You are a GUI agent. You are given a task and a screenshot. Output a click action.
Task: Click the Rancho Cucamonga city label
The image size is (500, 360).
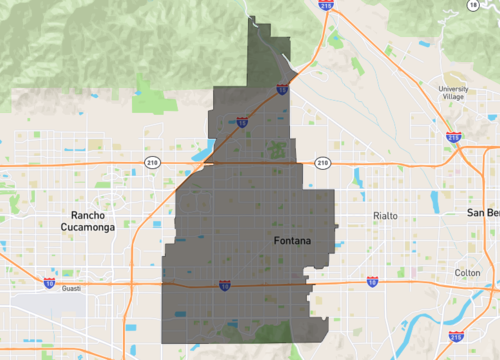pyautogui.click(x=93, y=221)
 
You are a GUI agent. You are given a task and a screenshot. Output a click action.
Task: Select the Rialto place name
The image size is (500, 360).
pyautogui.click(x=385, y=216)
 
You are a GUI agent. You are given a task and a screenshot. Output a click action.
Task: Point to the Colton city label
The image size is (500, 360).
pyautogui.click(x=467, y=272)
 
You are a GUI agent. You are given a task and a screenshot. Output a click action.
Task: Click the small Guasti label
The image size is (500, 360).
pyautogui.click(x=69, y=289)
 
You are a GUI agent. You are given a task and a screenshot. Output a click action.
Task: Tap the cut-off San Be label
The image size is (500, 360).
pyautogui.click(x=484, y=213)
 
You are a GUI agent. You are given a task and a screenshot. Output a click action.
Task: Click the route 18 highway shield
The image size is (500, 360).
pyautogui.click(x=474, y=5)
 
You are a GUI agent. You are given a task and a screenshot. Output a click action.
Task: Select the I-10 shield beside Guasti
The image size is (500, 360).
pyautogui.click(x=49, y=283)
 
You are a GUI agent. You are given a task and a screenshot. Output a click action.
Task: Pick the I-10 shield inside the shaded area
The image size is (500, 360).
pyautogui.click(x=225, y=286)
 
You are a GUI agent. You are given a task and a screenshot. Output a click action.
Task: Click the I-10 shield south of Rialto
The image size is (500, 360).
pyautogui.click(x=372, y=281)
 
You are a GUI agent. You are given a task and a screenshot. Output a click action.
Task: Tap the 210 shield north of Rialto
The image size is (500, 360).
pyautogui.click(x=322, y=162)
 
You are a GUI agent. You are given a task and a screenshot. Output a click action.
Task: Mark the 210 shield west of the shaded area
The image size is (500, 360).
pyautogui.click(x=152, y=162)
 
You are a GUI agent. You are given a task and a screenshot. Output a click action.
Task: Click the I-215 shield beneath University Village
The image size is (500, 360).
pyautogui.click(x=453, y=137)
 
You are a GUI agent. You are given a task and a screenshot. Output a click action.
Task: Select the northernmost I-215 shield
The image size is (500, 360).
pyautogui.click(x=327, y=6)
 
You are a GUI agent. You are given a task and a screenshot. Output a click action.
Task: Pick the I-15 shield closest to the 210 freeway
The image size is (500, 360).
pyautogui.click(x=243, y=123)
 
